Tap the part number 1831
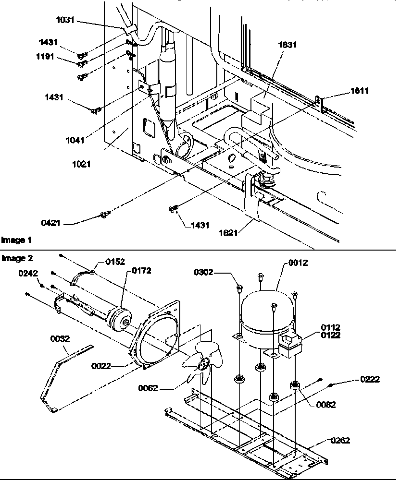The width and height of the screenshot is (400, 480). pyautogui.click(x=287, y=45)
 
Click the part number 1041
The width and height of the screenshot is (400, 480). pyautogui.click(x=75, y=140)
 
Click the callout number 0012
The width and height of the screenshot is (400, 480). pyautogui.click(x=298, y=263)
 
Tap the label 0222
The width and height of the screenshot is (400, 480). pyautogui.click(x=370, y=380)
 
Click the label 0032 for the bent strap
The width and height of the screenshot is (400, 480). pyautogui.click(x=60, y=338)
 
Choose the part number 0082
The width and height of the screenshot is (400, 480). pyautogui.click(x=326, y=405)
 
